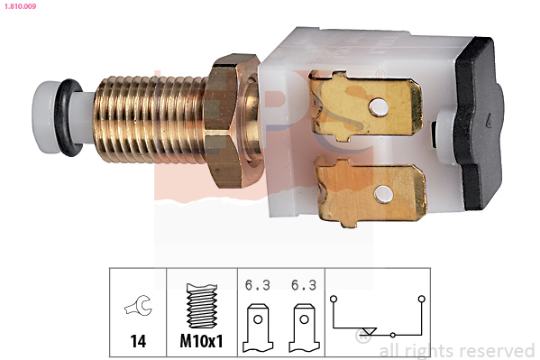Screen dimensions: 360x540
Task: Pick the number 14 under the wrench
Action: [138, 343]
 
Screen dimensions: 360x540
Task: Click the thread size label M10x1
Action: [202, 343]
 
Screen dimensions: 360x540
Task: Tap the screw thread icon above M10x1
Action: [202, 308]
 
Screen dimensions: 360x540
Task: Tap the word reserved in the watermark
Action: [495, 350]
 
